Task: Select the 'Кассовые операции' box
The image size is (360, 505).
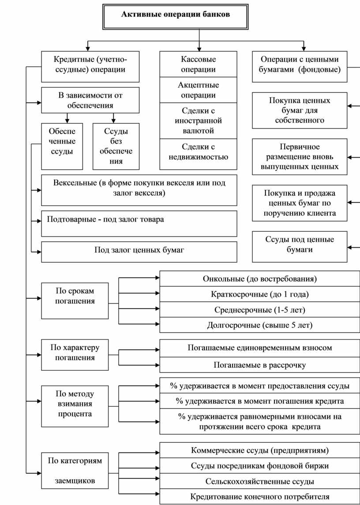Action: pyautogui.click(x=198, y=64)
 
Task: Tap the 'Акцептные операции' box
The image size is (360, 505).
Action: pyautogui.click(x=198, y=90)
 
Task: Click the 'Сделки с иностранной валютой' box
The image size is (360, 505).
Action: pyautogui.click(x=198, y=121)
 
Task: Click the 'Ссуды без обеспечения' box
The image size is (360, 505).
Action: pyautogui.click(x=116, y=146)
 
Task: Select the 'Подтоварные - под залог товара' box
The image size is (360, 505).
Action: pyautogui.click(x=139, y=223)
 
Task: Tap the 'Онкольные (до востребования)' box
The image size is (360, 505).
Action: pyautogui.click(x=260, y=279)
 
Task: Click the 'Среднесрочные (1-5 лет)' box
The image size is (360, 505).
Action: pyautogui.click(x=260, y=310)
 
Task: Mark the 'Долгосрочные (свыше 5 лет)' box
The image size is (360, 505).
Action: pyautogui.click(x=260, y=325)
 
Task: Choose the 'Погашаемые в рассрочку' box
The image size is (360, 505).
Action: pyautogui.click(x=260, y=365)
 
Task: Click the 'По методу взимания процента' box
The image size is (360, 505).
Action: pyautogui.click(x=75, y=406)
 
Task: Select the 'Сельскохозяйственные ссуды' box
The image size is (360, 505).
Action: pyautogui.click(x=260, y=481)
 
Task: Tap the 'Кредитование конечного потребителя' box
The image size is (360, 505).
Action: pyautogui.click(x=260, y=497)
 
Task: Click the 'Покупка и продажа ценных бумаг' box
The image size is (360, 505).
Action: pyautogui.click(x=300, y=203)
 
